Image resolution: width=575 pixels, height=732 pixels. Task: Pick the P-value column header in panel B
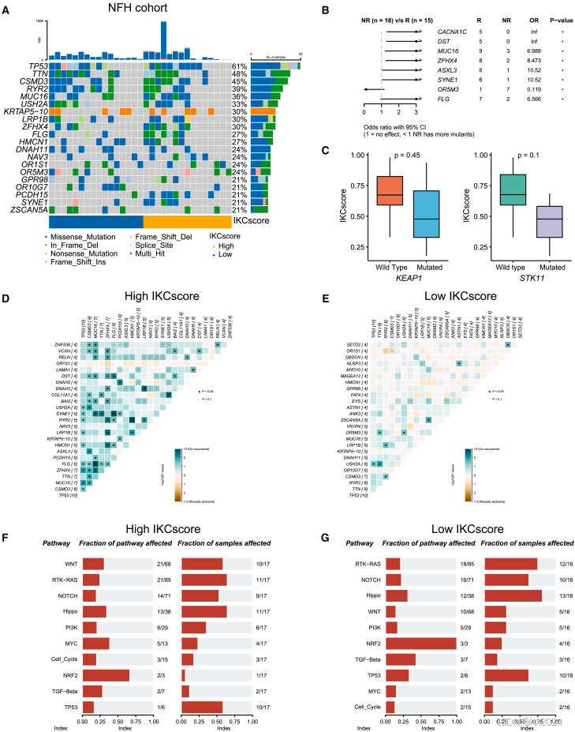tap(558, 15)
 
